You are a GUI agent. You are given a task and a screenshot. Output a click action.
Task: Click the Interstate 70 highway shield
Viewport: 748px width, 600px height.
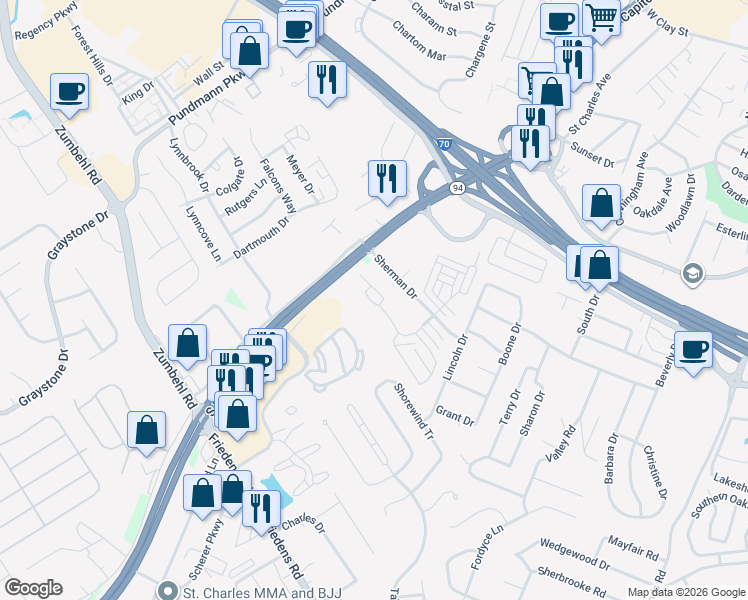(x=443, y=145)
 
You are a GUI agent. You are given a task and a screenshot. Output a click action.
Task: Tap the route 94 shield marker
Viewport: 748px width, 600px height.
(x=456, y=188)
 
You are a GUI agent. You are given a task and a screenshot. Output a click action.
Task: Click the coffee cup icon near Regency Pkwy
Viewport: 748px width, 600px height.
(x=70, y=92)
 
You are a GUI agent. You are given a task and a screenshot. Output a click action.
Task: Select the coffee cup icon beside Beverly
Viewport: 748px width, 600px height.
(x=694, y=350)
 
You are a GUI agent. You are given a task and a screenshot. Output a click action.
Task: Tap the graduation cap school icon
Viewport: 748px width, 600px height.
(x=691, y=273)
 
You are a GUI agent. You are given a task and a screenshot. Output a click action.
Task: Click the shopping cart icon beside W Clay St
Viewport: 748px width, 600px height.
(x=601, y=17)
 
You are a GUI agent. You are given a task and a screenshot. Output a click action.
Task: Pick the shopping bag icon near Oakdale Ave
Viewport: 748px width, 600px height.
(x=600, y=204)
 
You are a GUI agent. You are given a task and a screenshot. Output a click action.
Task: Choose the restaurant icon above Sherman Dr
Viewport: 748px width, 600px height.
(x=387, y=179)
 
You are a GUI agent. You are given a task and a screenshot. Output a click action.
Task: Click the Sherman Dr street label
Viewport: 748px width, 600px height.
(x=397, y=276)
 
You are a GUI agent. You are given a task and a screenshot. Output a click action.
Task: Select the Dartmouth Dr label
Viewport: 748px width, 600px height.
(x=261, y=237)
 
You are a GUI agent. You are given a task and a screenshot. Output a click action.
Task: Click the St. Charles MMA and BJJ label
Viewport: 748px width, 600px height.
(x=263, y=592)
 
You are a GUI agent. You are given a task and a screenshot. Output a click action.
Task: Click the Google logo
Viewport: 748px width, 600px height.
(x=33, y=588)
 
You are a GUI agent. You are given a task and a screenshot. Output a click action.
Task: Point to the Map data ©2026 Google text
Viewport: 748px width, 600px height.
(x=685, y=592)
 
